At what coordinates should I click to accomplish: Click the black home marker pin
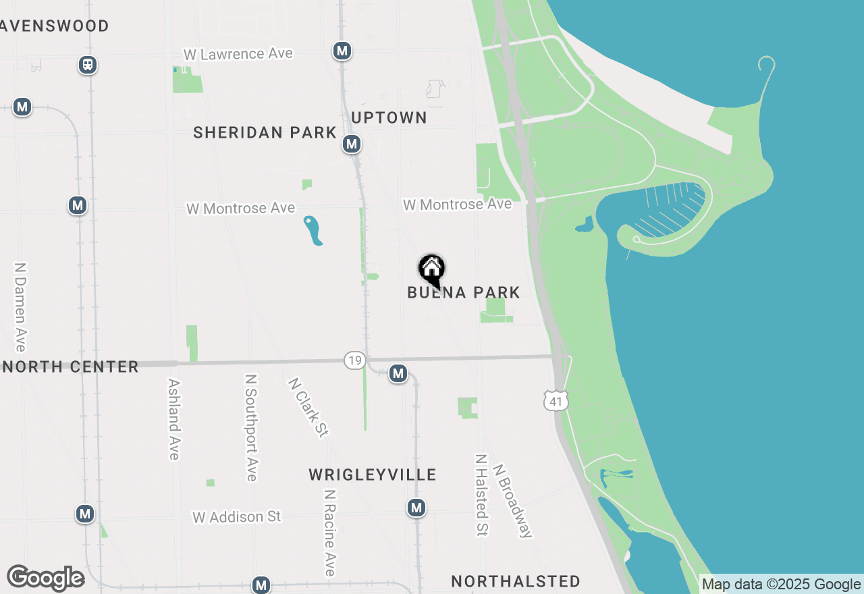[x=432, y=270]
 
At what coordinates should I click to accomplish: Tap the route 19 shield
[x=354, y=360]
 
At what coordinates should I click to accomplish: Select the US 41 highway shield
[x=556, y=400]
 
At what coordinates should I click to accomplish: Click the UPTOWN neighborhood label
[x=389, y=117]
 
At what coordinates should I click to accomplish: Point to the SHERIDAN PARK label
[x=265, y=132]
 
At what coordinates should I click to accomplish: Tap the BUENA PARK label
[x=464, y=292]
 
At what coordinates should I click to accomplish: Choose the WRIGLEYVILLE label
[x=373, y=475]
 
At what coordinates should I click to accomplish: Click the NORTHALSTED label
[x=516, y=581]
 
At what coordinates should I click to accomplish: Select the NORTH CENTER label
[x=70, y=367]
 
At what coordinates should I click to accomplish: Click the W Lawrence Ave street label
[x=238, y=54]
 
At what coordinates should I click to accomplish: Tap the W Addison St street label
[x=236, y=517]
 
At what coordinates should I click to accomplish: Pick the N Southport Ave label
[x=251, y=428]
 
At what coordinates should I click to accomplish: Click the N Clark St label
[x=308, y=407]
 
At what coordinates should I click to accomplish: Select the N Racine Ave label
[x=329, y=533]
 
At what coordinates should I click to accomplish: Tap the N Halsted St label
[x=481, y=495]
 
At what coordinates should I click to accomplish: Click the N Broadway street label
[x=512, y=500]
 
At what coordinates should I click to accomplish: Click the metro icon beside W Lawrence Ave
[x=342, y=51]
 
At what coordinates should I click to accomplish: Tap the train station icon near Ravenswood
[x=88, y=65]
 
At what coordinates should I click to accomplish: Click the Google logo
[x=45, y=578]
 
